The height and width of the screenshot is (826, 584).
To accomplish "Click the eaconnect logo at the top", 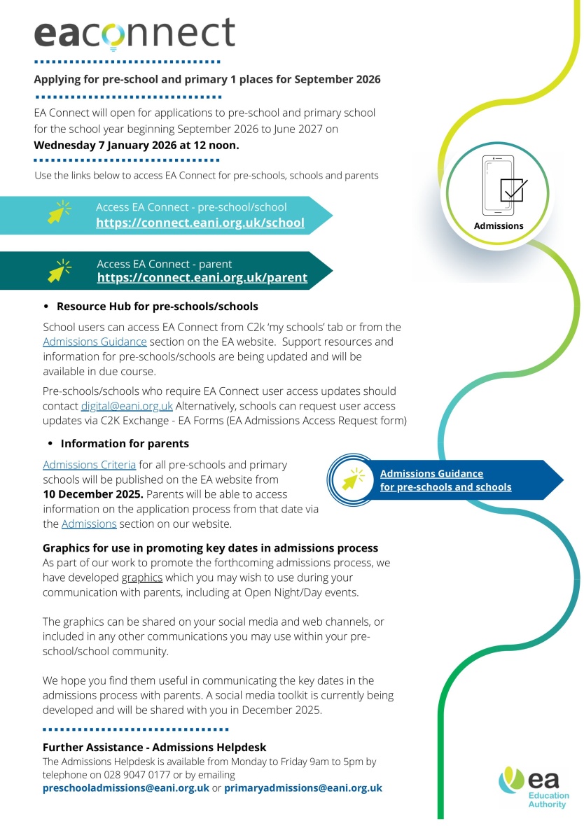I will (x=134, y=33).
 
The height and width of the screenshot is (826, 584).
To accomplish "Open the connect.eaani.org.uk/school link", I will (x=200, y=223).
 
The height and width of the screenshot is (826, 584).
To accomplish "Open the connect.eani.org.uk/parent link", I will (x=202, y=278).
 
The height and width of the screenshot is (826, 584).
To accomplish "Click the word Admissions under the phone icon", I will (x=499, y=226).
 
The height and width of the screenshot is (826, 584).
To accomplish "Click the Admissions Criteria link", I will (x=89, y=465).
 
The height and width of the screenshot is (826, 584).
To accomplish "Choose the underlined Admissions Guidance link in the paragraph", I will (x=95, y=342).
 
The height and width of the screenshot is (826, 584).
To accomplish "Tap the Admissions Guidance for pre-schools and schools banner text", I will (x=445, y=480).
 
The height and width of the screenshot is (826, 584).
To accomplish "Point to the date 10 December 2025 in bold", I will (x=93, y=494).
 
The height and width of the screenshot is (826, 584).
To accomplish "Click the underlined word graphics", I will (x=142, y=578).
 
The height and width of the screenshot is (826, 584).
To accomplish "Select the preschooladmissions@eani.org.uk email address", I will (x=126, y=787).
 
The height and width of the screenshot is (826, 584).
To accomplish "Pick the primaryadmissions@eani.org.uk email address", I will (x=303, y=787).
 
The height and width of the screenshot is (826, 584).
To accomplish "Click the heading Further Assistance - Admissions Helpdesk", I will (x=155, y=748).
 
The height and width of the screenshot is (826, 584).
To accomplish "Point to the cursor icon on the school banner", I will (x=60, y=212).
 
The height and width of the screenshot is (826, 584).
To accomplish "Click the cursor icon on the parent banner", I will (x=60, y=269).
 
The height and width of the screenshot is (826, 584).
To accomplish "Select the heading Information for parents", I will (x=125, y=444).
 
